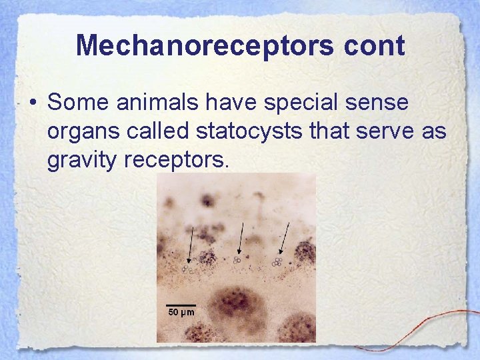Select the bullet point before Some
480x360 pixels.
pyautogui.click(x=32, y=104)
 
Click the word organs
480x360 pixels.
pyautogui.click(x=81, y=132)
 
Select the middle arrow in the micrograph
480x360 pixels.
pyautogui.click(x=240, y=239)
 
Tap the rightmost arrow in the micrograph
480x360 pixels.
pyautogui.click(x=285, y=239)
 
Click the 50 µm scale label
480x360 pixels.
pyautogui.click(x=181, y=312)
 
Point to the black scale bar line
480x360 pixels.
pyautogui.click(x=181, y=305)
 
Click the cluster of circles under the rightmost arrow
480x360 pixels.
pyautogui.click(x=277, y=263)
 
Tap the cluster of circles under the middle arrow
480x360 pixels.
pyautogui.click(x=237, y=260)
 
